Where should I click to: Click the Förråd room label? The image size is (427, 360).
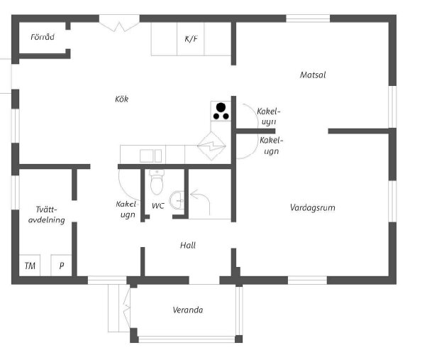(x=43, y=37)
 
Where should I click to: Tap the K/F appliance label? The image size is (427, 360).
(x=191, y=40)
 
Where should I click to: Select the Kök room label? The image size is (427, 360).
(x=121, y=99)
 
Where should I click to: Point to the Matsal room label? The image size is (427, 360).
(x=313, y=75)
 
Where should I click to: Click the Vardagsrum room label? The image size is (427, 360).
(x=312, y=208)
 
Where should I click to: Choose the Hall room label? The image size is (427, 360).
(x=187, y=246)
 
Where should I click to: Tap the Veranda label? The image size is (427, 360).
(x=188, y=310)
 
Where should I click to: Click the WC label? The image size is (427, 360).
(x=158, y=206)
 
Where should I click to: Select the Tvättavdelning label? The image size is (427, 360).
(x=50, y=214)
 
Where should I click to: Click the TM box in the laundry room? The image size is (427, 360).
(x=30, y=266)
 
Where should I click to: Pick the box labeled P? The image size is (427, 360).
(x=62, y=266)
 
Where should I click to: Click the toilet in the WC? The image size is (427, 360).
(x=157, y=183)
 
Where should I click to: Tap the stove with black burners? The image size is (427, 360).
(x=221, y=110)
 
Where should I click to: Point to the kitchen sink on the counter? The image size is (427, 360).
(x=150, y=155)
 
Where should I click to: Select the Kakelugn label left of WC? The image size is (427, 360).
(x=126, y=209)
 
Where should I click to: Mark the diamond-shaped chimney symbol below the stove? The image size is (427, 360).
(x=212, y=146)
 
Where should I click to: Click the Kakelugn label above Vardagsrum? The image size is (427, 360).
(x=270, y=146)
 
